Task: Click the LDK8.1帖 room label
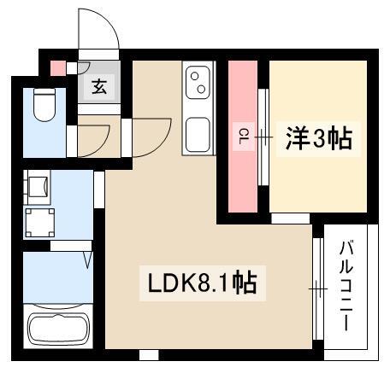[x=203, y=283]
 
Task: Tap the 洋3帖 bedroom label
[x=319, y=139]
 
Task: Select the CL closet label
[x=243, y=136]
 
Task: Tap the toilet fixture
[x=44, y=105]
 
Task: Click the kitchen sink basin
[x=198, y=135]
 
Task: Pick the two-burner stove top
[x=198, y=83]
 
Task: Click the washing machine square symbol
[x=39, y=223]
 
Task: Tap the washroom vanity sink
[x=38, y=186]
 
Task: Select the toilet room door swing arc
[x=100, y=146]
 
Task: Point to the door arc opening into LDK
[x=161, y=144]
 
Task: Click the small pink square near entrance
[x=58, y=68]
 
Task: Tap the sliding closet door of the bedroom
[x=263, y=137]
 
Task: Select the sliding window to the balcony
[x=318, y=288]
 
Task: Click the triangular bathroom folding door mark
[x=88, y=259]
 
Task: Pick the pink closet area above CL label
[x=243, y=91]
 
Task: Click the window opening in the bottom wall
[x=149, y=355]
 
